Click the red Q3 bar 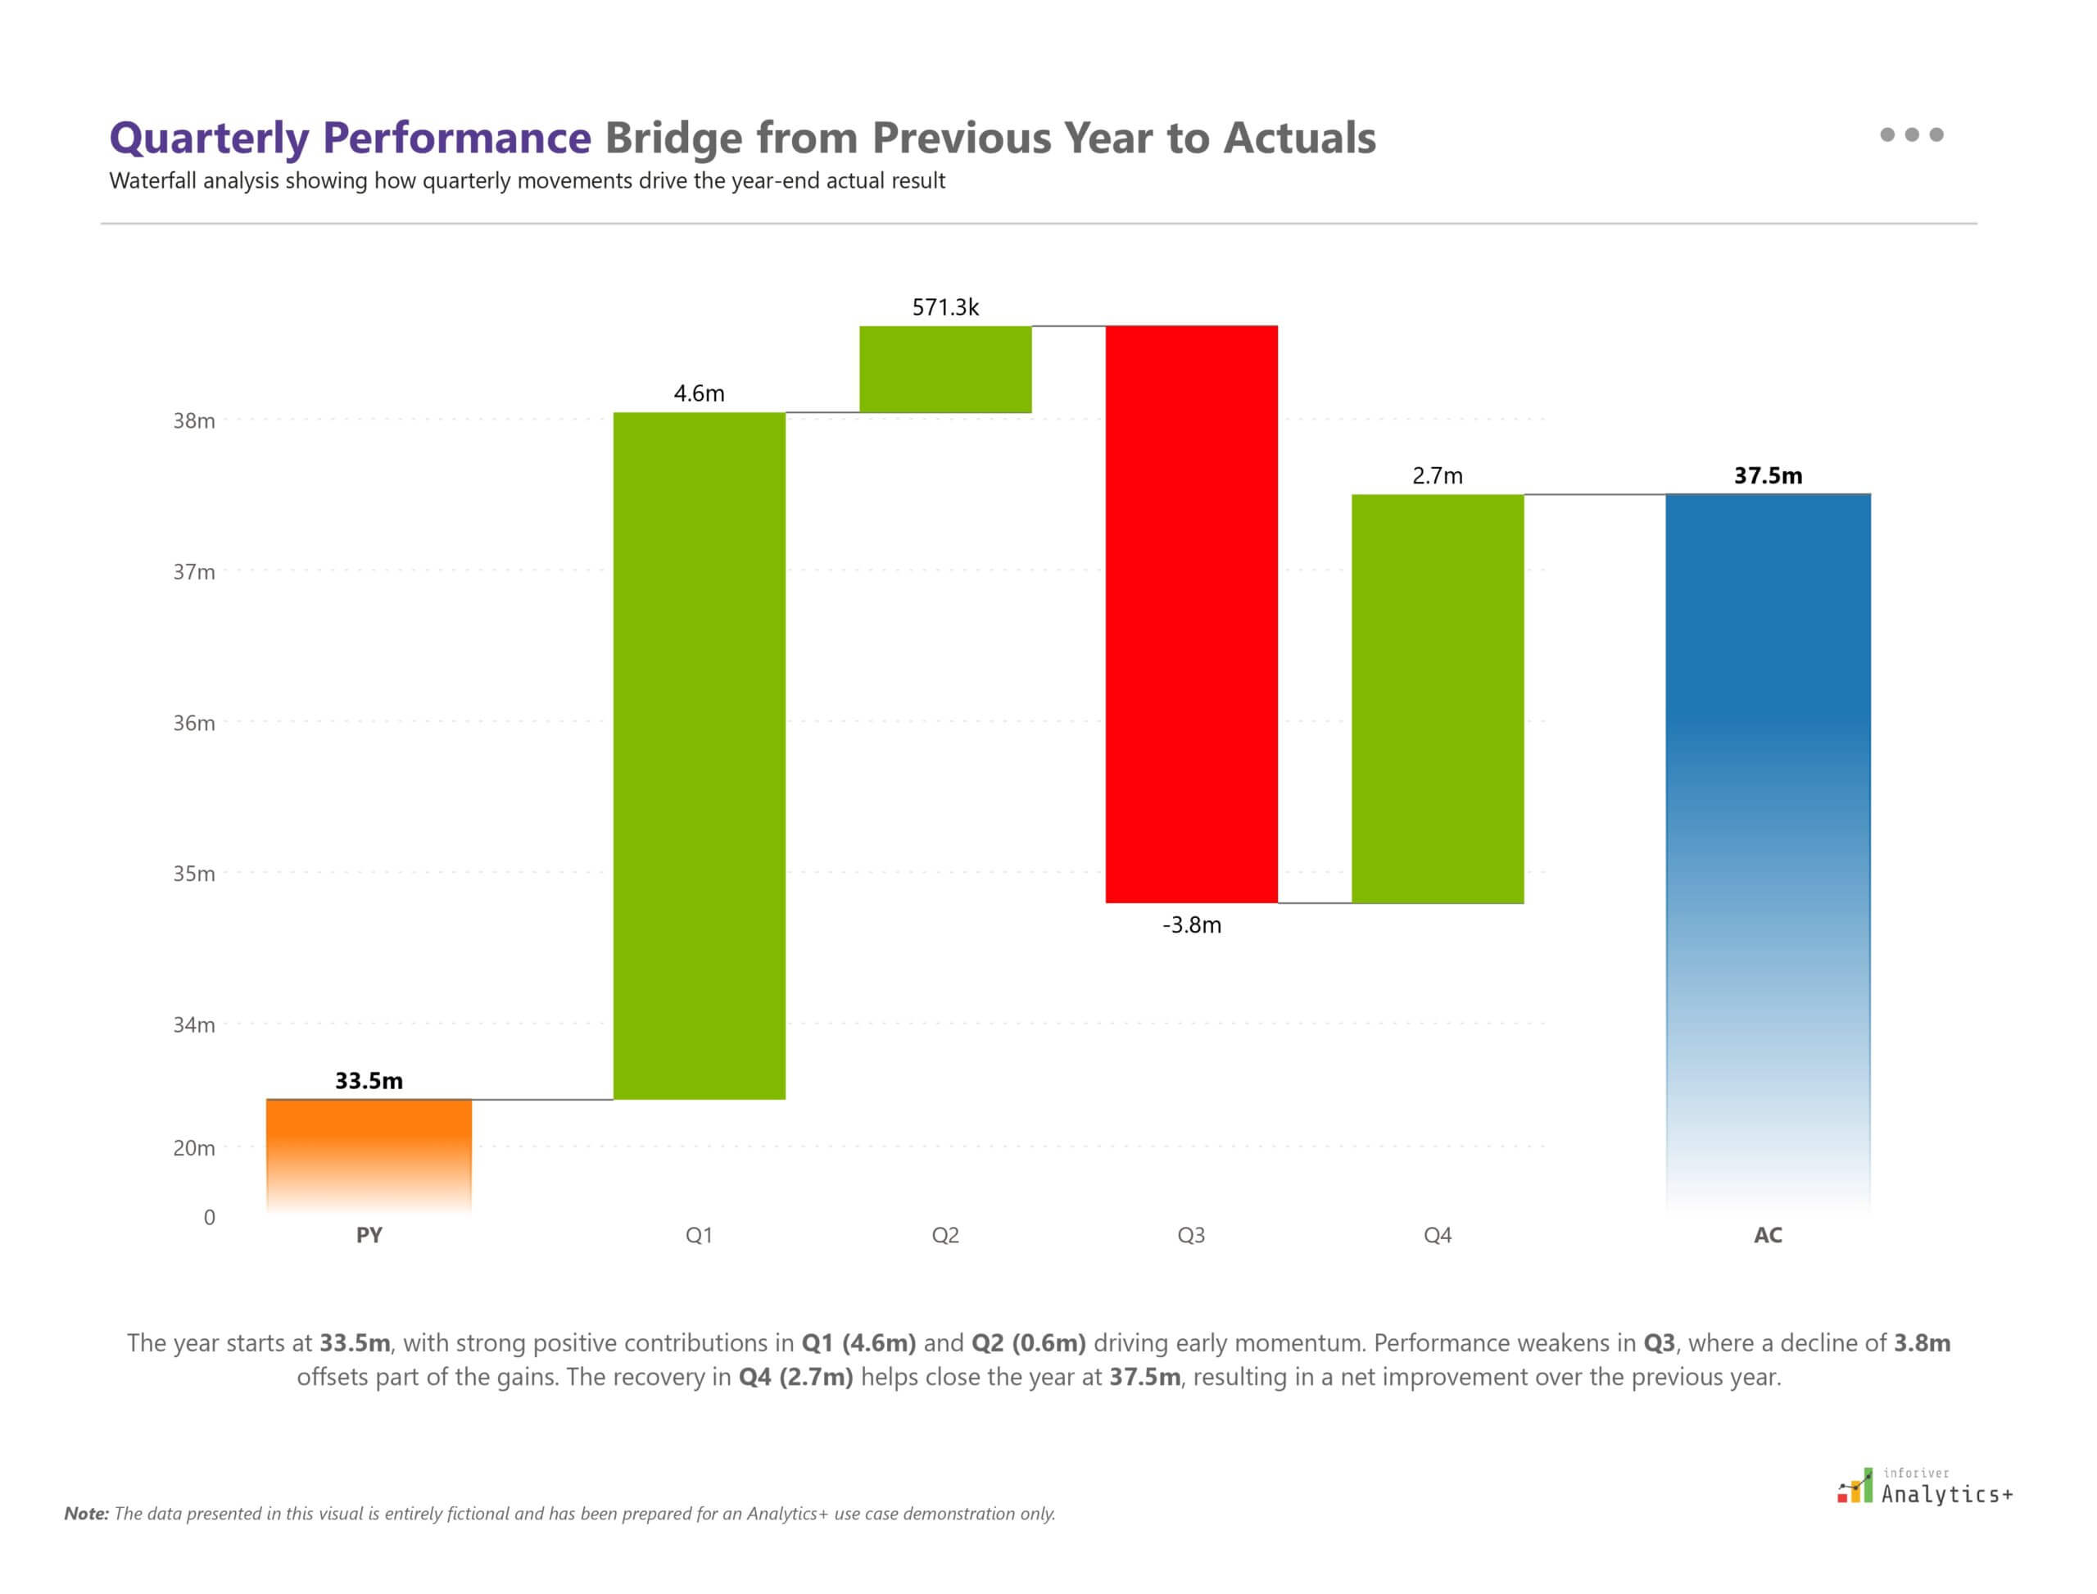[x=1191, y=614]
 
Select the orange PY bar [x=369, y=1153]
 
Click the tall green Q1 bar [x=699, y=756]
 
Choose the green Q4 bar [x=1437, y=698]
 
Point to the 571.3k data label [x=945, y=307]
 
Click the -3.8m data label [x=1191, y=925]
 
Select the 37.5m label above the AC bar [x=1768, y=475]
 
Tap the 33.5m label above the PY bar [x=369, y=1081]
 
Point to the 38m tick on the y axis [x=193, y=420]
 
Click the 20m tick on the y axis [x=193, y=1148]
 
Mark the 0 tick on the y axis [x=210, y=1217]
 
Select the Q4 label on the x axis [x=1437, y=1235]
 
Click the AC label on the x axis [x=1768, y=1235]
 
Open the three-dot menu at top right [x=1911, y=134]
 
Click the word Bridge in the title [x=673, y=139]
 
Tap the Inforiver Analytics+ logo [x=1924, y=1487]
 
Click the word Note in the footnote [x=85, y=1515]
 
